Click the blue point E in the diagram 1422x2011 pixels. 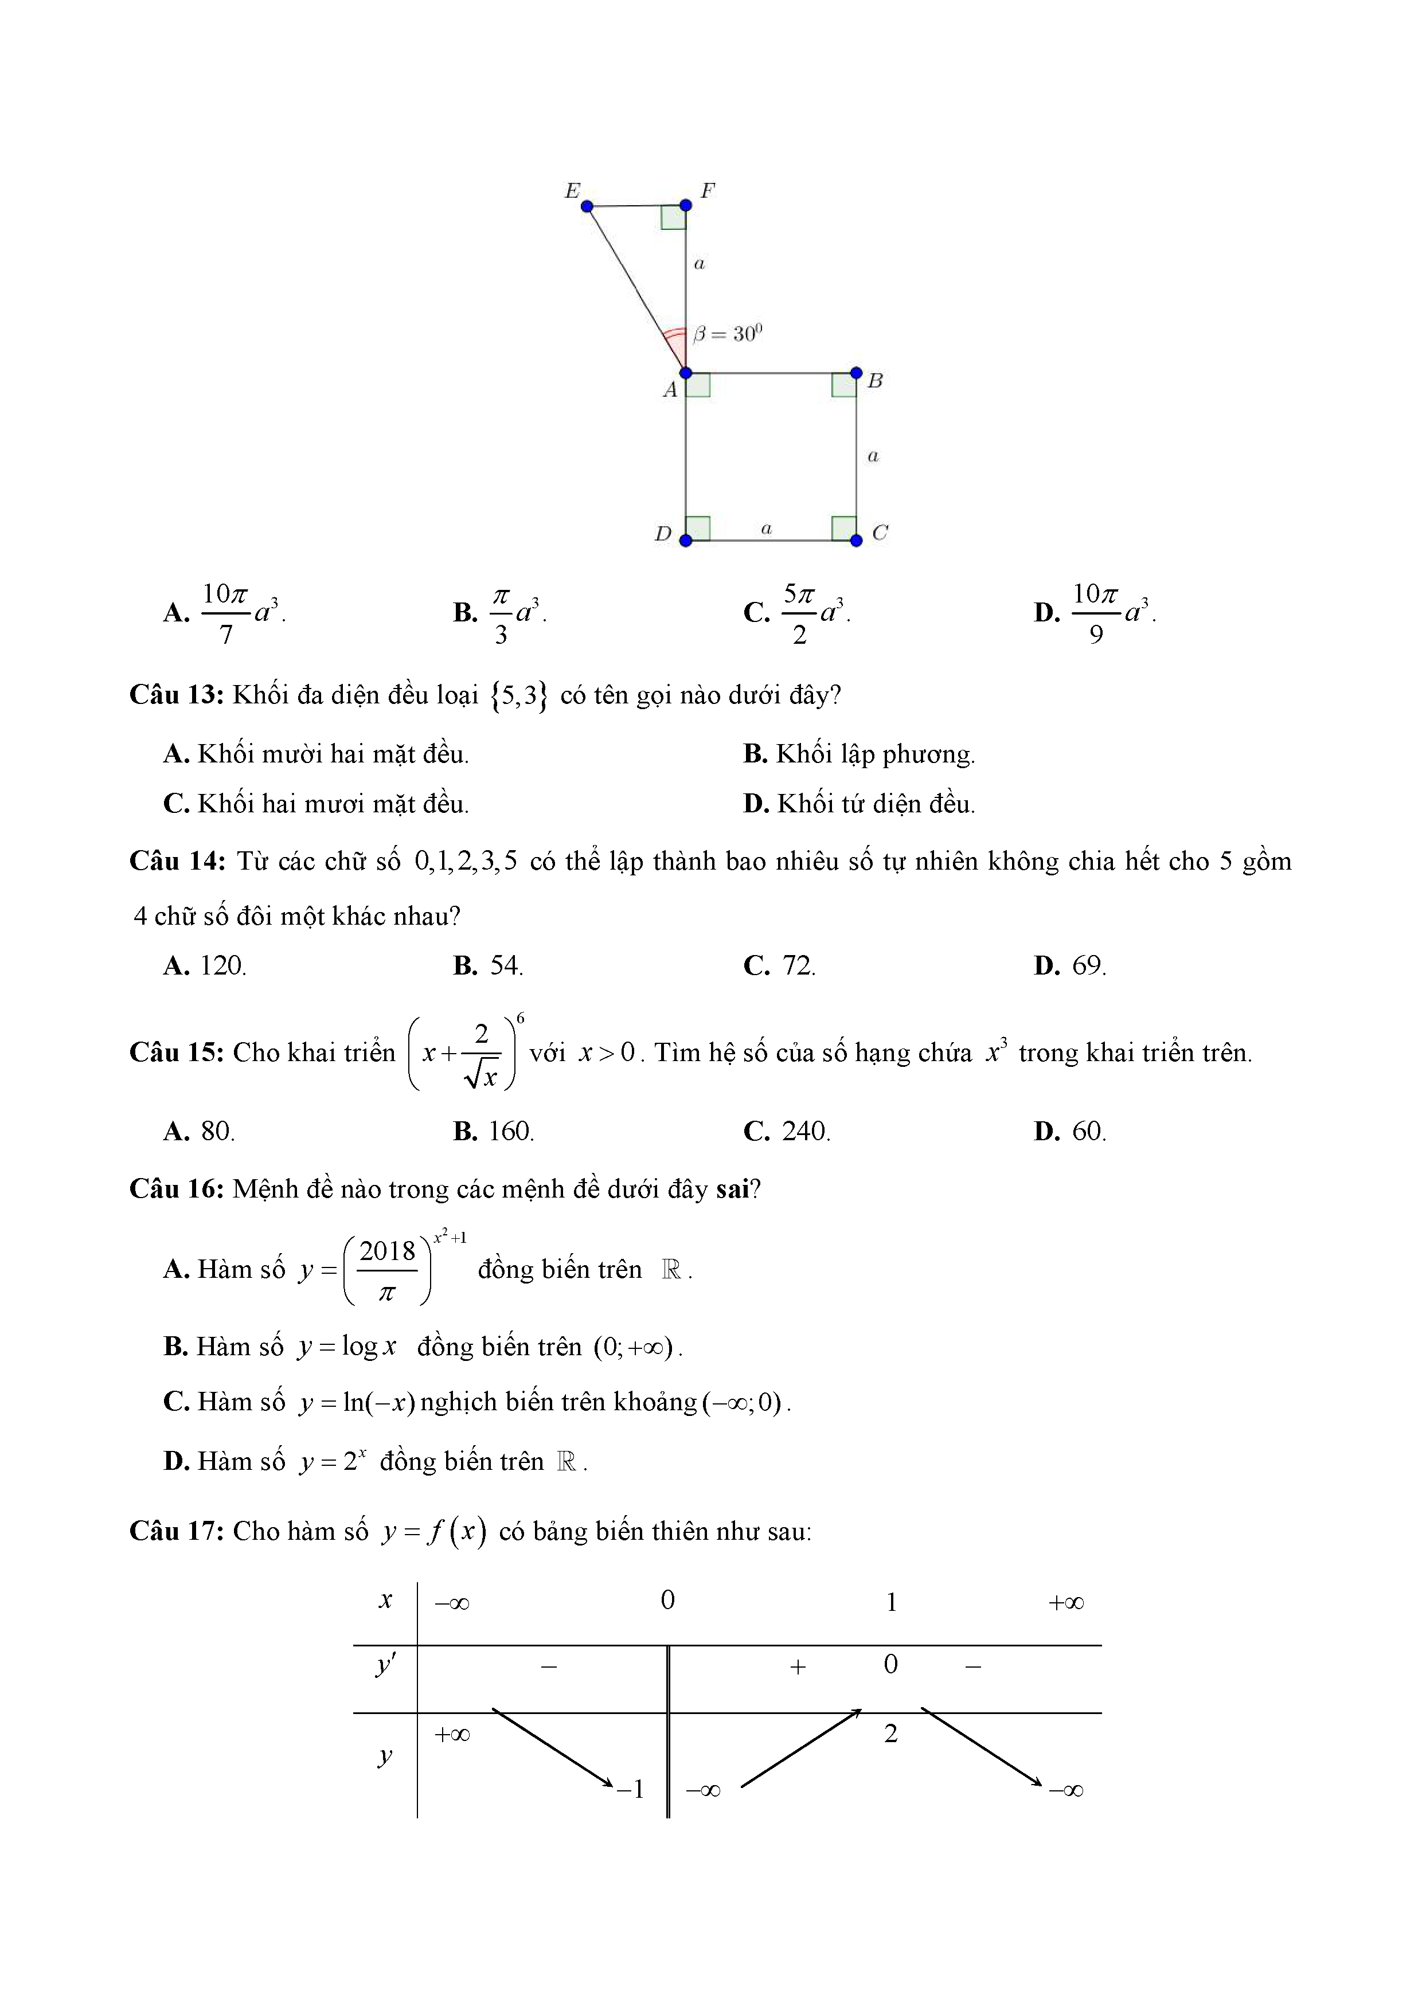point(587,206)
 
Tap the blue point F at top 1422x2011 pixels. point(685,205)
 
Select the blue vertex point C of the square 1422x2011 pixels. point(856,541)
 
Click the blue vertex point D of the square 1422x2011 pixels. point(685,541)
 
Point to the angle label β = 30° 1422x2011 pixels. point(727,334)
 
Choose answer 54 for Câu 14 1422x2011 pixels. point(505,965)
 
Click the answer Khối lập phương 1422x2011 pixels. point(874,754)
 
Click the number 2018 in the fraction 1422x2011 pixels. point(386,1251)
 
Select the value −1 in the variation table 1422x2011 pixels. point(631,1789)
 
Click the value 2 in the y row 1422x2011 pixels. point(890,1734)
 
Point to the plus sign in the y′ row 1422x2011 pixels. point(798,1667)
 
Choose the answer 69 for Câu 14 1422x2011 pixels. point(1087,965)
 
